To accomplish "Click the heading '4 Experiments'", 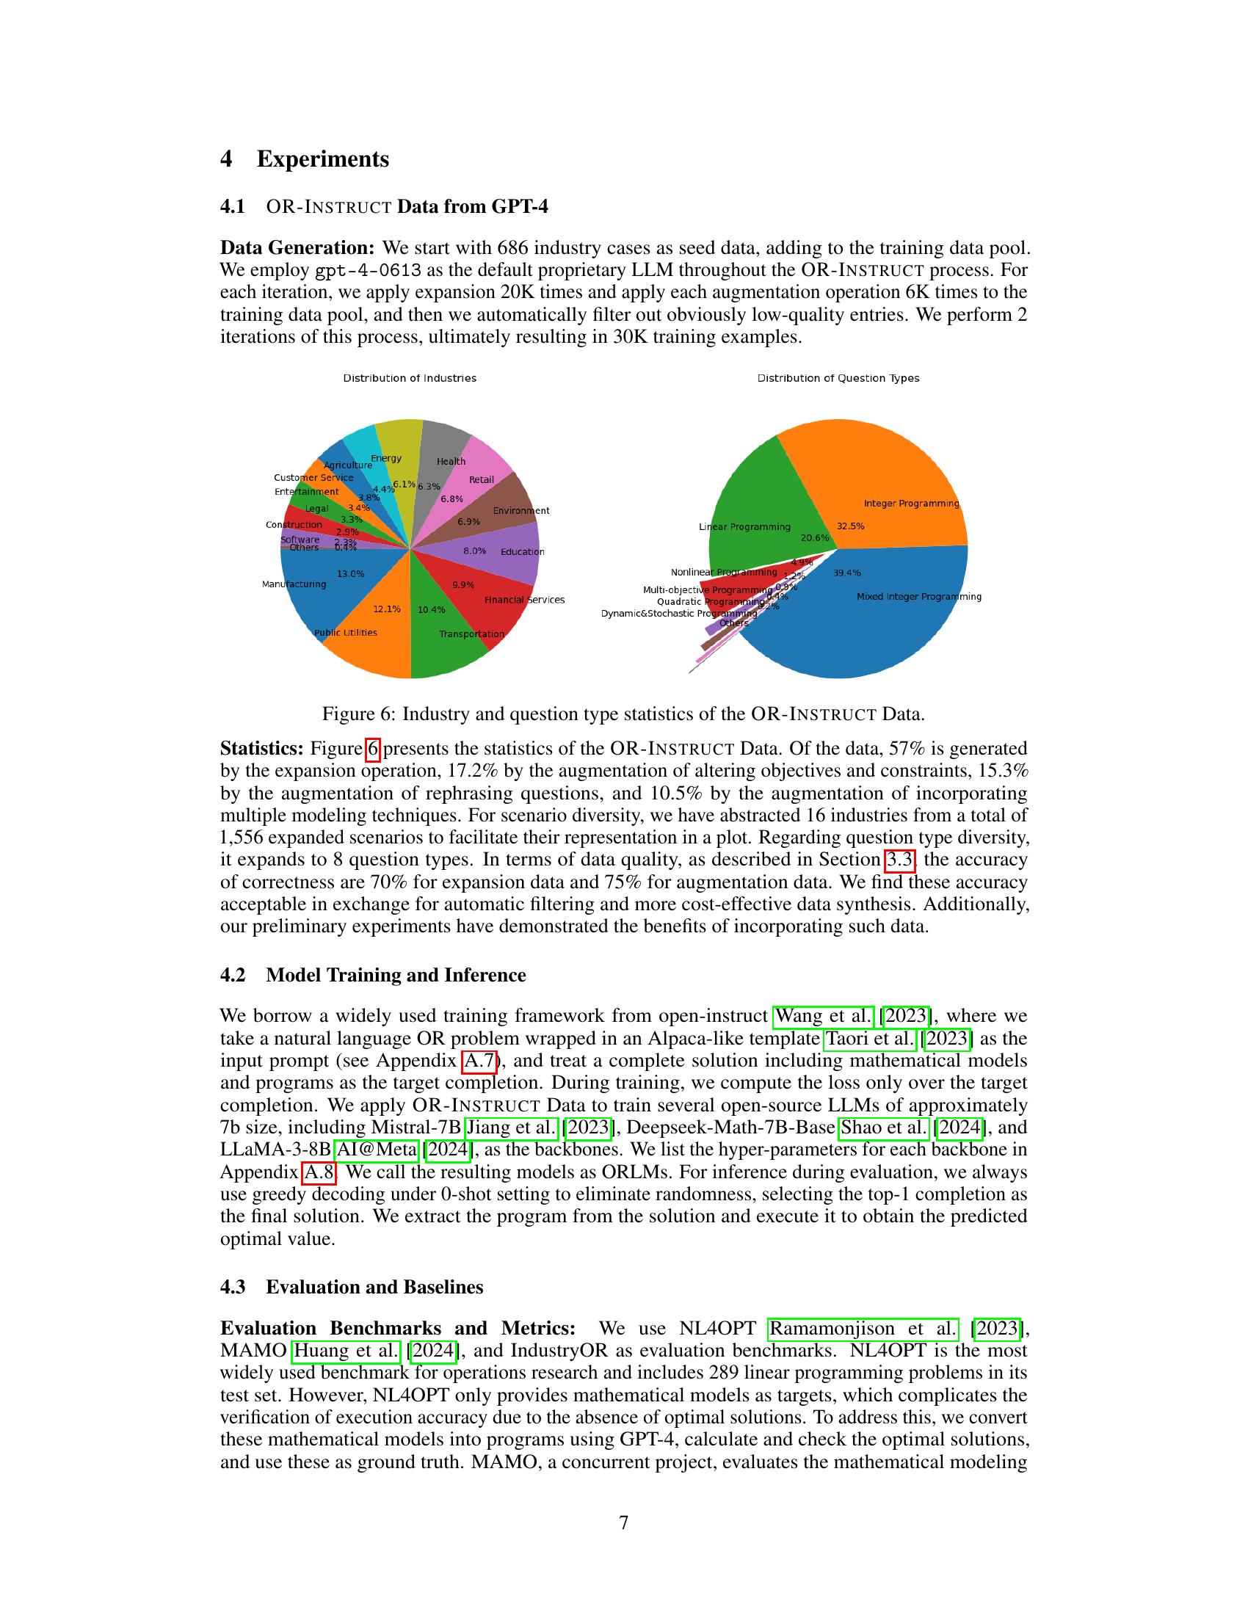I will (305, 159).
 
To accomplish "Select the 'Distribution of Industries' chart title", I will (410, 378).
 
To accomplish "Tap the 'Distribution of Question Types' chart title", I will (838, 378).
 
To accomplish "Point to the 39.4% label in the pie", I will (846, 573).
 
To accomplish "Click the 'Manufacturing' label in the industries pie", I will (294, 584).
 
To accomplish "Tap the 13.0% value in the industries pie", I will (350, 574).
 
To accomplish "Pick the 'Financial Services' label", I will (524, 600).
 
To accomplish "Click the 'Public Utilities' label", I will (345, 632).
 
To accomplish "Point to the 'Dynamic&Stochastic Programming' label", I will (679, 613).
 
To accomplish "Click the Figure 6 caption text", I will (623, 714).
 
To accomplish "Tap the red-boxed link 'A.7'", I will (479, 1061).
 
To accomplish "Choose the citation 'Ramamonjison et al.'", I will (863, 1328).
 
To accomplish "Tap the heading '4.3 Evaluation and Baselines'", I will (352, 1287).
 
